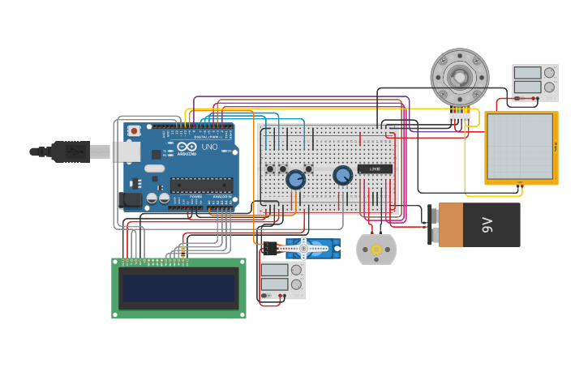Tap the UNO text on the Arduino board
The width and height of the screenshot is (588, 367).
pos(210,147)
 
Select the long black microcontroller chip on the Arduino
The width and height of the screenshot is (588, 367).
pos(201,185)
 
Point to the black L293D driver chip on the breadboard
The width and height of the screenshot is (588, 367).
pos(375,169)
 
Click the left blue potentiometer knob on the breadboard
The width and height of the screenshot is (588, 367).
pos(296,179)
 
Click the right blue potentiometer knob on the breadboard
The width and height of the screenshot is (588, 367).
pos(343,175)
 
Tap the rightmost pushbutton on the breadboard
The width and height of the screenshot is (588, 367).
pos(309,169)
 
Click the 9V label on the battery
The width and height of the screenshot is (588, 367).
pos(487,224)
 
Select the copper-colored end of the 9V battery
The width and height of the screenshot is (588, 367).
pos(451,224)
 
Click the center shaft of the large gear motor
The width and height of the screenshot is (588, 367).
pos(460,77)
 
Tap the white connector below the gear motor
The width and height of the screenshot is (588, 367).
pos(460,117)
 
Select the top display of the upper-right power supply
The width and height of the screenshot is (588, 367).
pos(527,73)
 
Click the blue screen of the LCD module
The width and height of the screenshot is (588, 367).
pos(178,288)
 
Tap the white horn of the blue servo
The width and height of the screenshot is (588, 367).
pos(303,247)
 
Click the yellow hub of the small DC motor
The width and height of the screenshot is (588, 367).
pos(376,250)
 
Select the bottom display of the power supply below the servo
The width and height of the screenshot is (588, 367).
pos(274,284)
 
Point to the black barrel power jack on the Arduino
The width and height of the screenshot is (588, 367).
pos(130,198)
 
